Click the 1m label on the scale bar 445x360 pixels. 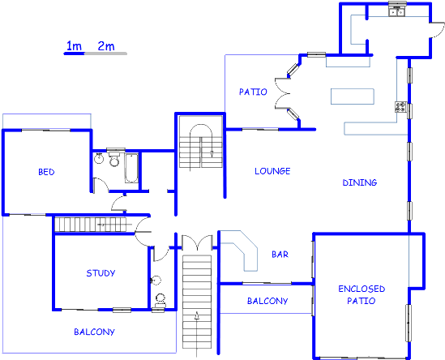tap(74, 45)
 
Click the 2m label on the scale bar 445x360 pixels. tap(105, 45)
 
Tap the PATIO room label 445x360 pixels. tap(253, 92)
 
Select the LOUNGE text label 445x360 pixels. tap(272, 172)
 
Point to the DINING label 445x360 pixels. tap(359, 182)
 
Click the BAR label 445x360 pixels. tap(280, 254)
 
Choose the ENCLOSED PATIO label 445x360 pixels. tap(361, 294)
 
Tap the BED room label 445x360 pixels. tap(46, 171)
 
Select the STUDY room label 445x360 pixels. tap(101, 273)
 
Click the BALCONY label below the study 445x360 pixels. tap(94, 332)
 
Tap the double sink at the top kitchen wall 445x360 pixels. tap(396, 11)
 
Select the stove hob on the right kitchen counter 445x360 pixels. tap(400, 107)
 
